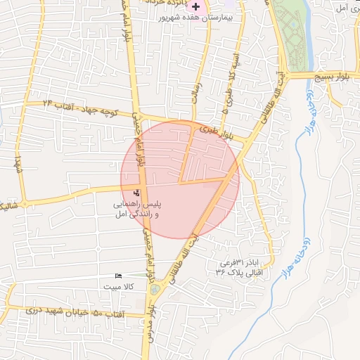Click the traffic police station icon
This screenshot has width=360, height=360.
click(136, 193)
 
